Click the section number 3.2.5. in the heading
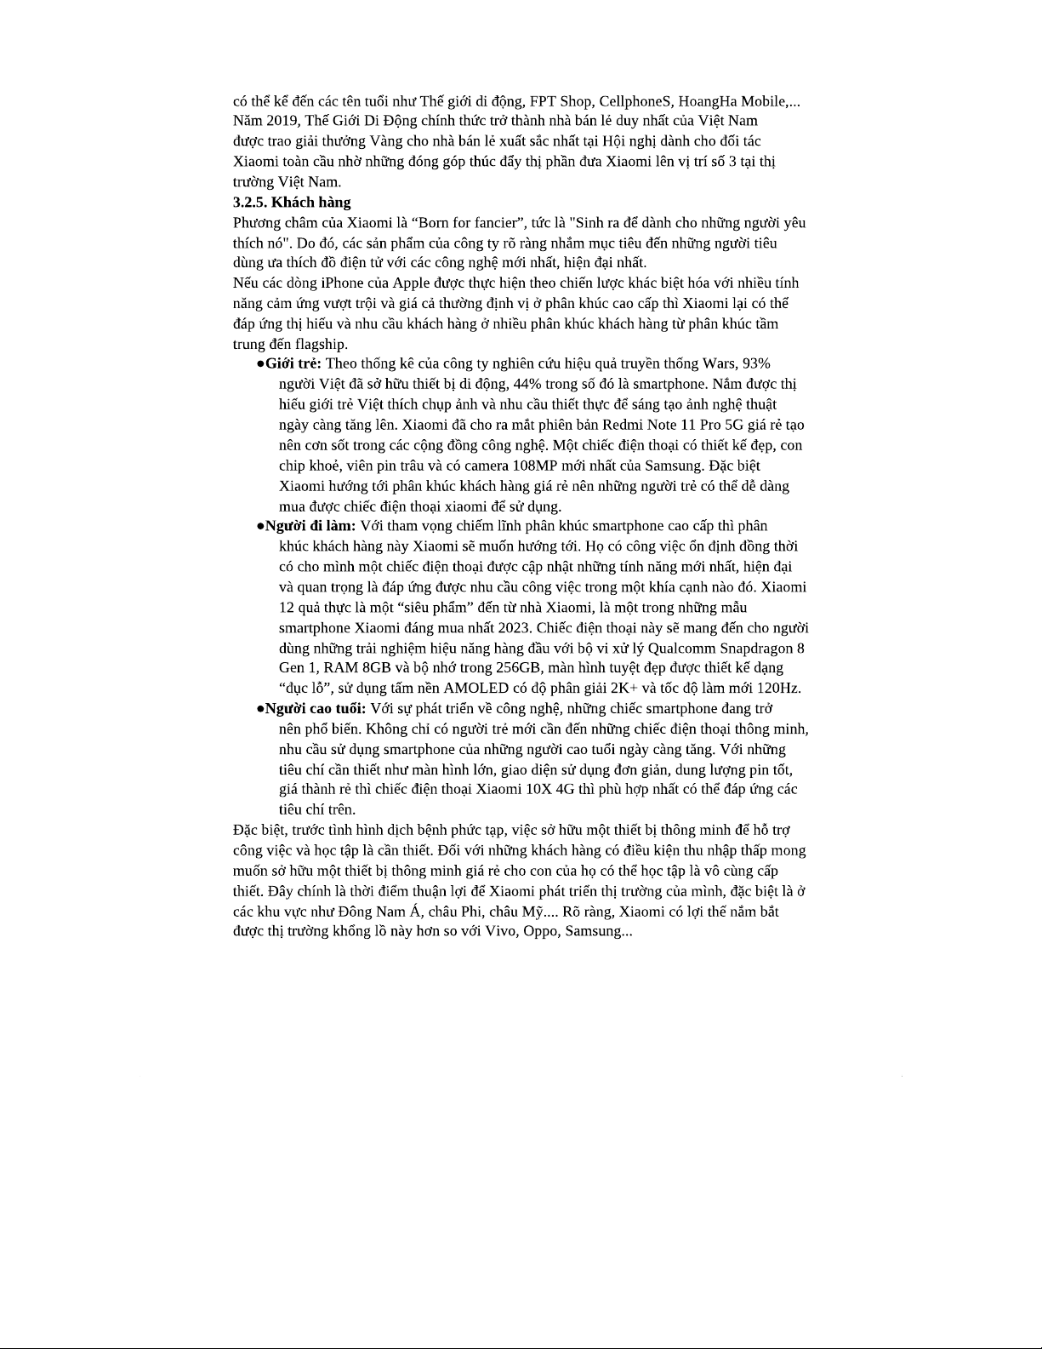pyautogui.click(x=250, y=203)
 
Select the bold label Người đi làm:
pyautogui.click(x=310, y=526)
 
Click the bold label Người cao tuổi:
pyautogui.click(x=316, y=709)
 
